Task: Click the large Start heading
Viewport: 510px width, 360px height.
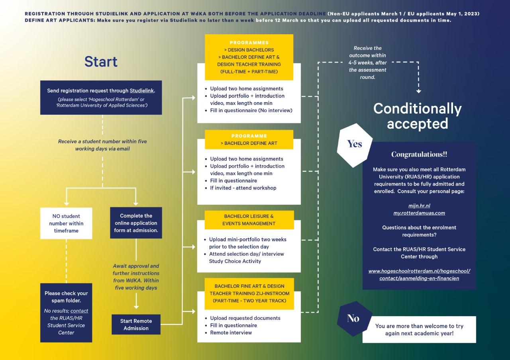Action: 101,61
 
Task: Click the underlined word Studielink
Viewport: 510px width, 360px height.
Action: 141,90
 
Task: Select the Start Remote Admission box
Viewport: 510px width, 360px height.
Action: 136,325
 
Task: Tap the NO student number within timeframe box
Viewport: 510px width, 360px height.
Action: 66,223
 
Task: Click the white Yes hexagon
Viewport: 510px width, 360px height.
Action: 355,145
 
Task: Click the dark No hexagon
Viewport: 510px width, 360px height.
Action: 353,319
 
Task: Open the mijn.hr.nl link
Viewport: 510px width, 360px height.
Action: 419,206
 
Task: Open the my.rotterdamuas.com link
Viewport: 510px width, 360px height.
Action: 419,213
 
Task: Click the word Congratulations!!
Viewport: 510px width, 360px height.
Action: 419,154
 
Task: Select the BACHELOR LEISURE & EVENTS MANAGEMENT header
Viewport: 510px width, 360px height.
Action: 249,220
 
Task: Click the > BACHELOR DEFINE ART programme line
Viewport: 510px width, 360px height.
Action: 249,143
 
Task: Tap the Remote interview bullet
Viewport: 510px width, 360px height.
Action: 231,333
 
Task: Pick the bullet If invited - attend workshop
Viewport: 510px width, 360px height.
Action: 243,188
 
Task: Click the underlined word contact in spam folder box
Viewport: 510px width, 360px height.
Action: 79,311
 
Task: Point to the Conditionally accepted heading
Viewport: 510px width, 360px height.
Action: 418,116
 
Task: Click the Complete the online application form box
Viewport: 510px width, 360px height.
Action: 136,223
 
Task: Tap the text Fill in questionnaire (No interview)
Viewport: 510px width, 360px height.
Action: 251,110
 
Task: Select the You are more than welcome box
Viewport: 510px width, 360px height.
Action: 419,329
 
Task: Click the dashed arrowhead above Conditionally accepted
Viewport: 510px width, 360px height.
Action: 418,91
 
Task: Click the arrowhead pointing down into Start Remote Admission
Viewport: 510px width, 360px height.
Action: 136,307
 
